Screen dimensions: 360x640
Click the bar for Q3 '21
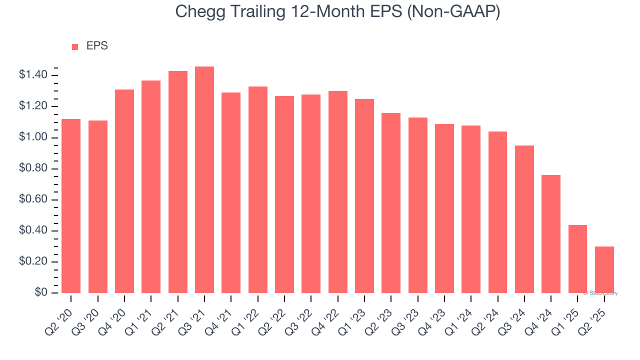coord(204,180)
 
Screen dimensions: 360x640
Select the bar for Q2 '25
coord(604,270)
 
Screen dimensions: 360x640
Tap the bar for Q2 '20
coord(71,206)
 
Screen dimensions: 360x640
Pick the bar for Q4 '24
coord(551,234)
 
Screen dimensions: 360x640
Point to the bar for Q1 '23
coord(364,196)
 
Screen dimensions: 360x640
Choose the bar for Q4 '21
coord(231,193)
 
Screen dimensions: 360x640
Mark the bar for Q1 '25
coord(577,259)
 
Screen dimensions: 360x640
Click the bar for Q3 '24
coord(524,219)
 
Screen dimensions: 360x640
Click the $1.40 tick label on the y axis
coord(33,75)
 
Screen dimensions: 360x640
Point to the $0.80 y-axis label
coord(33,169)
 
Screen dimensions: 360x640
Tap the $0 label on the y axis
coord(41,293)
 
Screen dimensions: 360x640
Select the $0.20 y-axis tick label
coord(33,262)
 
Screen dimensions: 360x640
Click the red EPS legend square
coord(75,46)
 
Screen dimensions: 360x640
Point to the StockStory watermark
coord(600,293)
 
